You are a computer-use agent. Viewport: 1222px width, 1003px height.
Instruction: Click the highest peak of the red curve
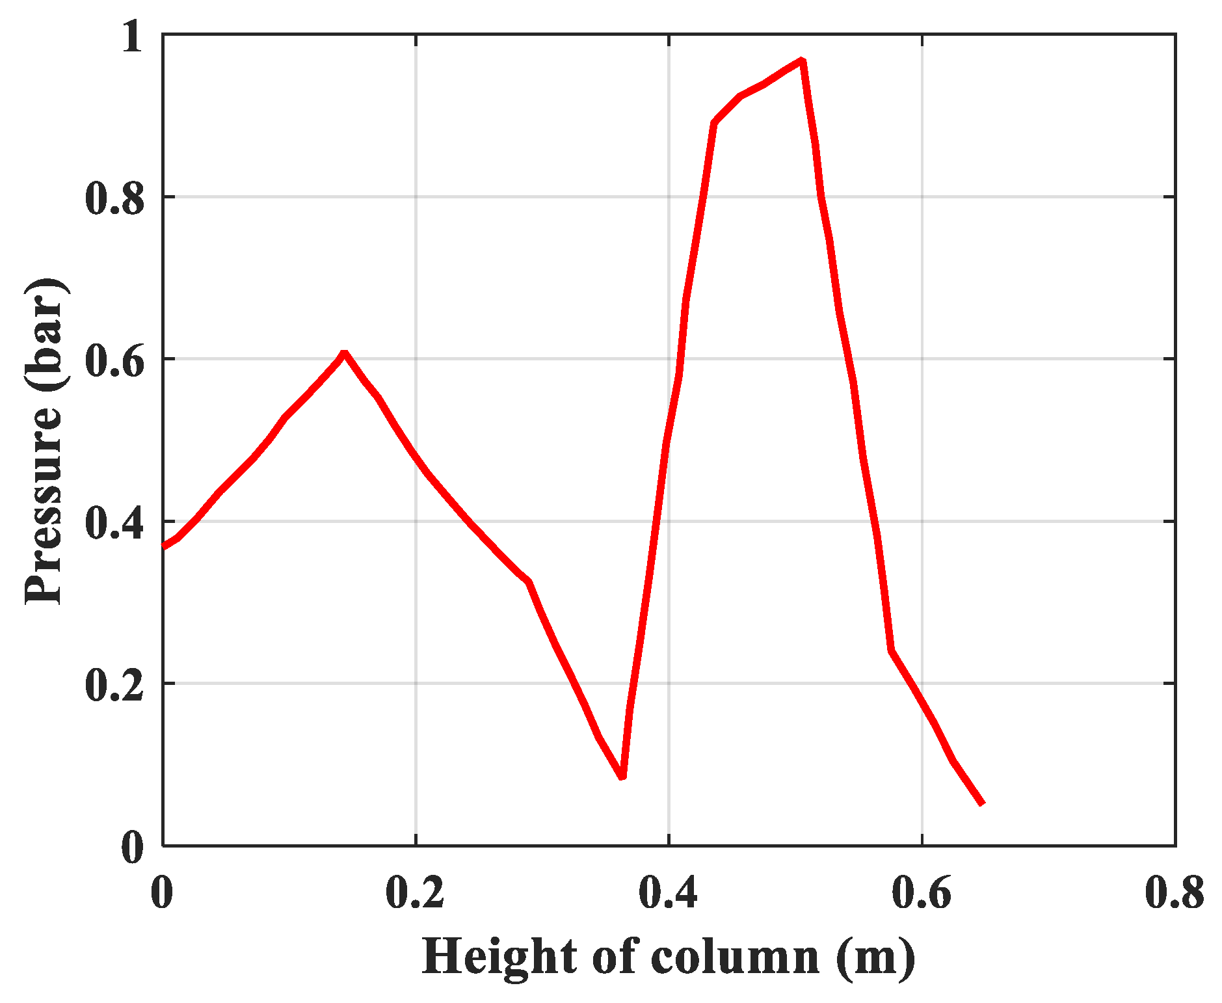(x=803, y=61)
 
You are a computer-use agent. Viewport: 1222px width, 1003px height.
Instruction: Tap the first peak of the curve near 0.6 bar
(x=344, y=354)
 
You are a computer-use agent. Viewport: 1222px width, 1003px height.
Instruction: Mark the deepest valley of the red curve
(x=622, y=776)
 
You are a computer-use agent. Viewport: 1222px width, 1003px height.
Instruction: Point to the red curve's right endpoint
(x=982, y=803)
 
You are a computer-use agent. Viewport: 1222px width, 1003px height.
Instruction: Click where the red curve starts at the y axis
(x=164, y=546)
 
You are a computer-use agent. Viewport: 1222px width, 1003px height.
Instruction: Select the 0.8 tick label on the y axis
(x=114, y=197)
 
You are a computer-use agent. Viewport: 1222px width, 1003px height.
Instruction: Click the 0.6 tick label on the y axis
(x=114, y=359)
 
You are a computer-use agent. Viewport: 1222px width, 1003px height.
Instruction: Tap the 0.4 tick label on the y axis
(x=114, y=521)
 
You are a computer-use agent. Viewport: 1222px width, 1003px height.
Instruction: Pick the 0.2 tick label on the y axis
(x=114, y=684)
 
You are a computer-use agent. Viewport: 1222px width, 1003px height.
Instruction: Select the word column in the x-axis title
(x=734, y=957)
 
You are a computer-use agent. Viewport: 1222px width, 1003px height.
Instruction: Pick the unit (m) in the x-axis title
(x=875, y=957)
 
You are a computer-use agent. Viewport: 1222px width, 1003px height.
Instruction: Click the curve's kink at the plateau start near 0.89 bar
(x=715, y=122)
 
